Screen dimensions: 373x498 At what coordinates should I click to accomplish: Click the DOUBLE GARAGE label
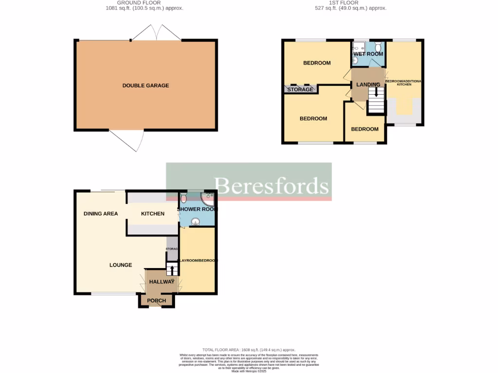pos(145,85)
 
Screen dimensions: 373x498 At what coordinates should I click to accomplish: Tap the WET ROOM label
pos(368,54)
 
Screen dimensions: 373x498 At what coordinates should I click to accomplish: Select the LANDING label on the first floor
pos(368,85)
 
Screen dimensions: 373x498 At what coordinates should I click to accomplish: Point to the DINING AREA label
pos(101,214)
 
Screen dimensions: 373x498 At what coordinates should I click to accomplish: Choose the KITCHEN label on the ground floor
pos(153,214)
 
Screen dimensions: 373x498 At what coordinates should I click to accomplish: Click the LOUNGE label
pos(121,265)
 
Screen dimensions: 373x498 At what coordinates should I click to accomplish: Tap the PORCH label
pos(157,301)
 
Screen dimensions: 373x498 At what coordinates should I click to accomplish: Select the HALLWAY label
pos(161,282)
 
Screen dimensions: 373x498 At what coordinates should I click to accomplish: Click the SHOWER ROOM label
pos(197,209)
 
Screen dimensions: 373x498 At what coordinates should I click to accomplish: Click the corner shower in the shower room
pos(209,196)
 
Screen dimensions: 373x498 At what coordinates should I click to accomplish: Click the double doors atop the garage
pos(155,33)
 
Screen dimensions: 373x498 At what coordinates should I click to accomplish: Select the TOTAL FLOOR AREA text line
pos(249,350)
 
